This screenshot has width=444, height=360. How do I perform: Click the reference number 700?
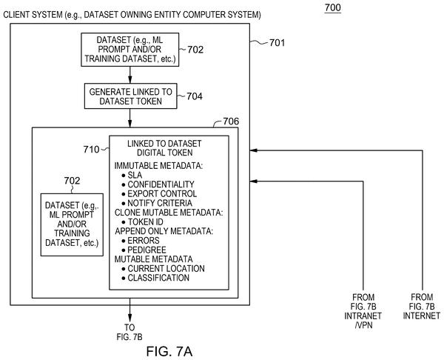(333, 7)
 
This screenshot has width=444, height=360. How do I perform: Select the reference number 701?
(277, 43)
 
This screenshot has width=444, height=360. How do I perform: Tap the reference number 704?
(195, 96)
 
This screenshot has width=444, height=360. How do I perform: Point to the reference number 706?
(231, 121)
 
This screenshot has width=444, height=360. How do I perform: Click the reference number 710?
(91, 150)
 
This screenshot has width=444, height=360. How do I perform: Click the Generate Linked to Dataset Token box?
(130, 96)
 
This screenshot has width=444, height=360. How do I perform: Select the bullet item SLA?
(132, 175)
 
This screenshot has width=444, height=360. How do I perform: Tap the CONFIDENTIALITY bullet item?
(158, 184)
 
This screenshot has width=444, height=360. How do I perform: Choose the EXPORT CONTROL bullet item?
(159, 194)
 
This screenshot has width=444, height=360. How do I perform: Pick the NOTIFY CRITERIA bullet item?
(157, 203)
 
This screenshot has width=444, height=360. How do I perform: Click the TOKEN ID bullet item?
(142, 222)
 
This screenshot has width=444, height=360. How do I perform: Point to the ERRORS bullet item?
(141, 241)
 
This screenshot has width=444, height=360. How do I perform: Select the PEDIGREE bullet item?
(144, 250)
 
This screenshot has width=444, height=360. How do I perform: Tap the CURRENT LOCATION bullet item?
(163, 269)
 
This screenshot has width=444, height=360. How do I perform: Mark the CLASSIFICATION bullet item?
(155, 278)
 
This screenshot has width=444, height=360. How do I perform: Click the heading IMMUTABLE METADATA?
(158, 166)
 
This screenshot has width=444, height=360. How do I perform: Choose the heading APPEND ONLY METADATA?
(164, 231)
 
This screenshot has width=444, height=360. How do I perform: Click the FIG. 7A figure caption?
(169, 352)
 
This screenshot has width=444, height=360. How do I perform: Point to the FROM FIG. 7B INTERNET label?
(422, 307)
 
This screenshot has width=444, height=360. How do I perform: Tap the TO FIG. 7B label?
(129, 332)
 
